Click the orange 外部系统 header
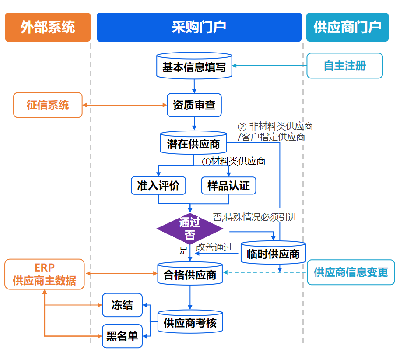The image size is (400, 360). (x=48, y=27)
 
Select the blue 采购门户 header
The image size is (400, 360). (x=199, y=27)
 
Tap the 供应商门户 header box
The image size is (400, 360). (x=347, y=27)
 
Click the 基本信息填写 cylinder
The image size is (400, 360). (x=194, y=67)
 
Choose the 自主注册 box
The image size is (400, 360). (x=345, y=66)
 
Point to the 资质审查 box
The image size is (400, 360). (x=194, y=105)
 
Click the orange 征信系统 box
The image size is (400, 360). (x=48, y=105)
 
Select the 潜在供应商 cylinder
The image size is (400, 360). (x=193, y=143)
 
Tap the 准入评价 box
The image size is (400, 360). (x=158, y=185)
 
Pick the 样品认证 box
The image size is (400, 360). (x=228, y=185)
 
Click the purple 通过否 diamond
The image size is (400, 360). (x=190, y=229)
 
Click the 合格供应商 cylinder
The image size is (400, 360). (x=190, y=274)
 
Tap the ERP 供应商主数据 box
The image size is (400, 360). (x=45, y=274)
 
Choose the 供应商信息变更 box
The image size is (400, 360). (x=351, y=272)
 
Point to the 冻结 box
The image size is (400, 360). (x=122, y=305)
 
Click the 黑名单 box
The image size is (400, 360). (x=122, y=336)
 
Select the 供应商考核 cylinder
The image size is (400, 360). (x=190, y=324)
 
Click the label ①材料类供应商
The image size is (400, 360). (x=233, y=161)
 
